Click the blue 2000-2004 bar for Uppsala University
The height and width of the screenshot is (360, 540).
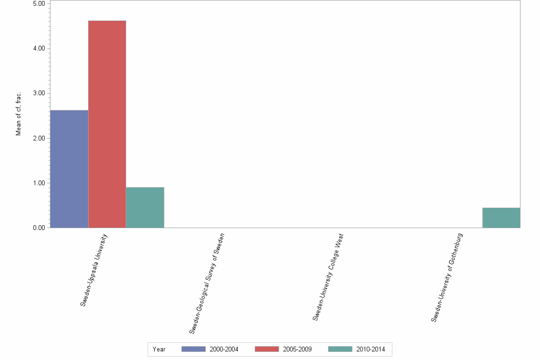[69, 169]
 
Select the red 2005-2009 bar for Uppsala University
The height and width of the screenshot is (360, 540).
[107, 124]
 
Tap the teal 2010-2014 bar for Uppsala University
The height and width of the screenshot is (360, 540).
[145, 208]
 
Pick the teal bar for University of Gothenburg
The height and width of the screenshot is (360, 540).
[501, 218]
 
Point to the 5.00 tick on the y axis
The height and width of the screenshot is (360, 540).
[39, 4]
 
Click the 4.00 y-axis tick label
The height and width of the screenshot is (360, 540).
[39, 49]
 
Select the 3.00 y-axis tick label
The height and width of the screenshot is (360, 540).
[39, 93]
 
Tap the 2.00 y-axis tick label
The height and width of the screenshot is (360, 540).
[39, 139]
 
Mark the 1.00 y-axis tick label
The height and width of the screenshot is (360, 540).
[39, 183]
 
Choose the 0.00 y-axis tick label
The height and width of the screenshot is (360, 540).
[39, 228]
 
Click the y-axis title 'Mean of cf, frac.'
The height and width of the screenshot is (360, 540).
[19, 113]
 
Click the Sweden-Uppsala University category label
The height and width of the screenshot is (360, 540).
[94, 270]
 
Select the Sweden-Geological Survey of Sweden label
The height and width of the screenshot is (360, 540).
[207, 283]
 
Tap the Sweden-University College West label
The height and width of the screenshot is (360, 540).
[328, 277]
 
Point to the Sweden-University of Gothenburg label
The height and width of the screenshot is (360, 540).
[447, 278]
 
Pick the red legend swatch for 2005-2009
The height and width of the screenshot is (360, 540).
[267, 349]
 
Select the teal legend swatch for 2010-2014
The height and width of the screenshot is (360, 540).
[340, 349]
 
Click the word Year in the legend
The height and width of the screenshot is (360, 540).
[159, 350]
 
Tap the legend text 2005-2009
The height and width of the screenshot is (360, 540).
[297, 350]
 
